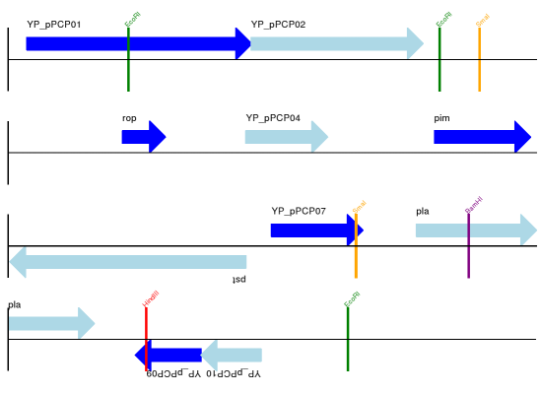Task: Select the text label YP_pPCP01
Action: pyautogui.click(x=54, y=24)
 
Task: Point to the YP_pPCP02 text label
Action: pyautogui.click(x=278, y=24)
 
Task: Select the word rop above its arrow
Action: pyautogui.click(x=129, y=118)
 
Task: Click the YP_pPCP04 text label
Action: pyautogui.click(x=273, y=118)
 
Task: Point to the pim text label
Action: pyautogui.click(x=441, y=118)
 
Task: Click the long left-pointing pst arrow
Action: pyautogui.click(x=128, y=262)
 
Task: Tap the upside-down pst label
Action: pyautogui.click(x=238, y=280)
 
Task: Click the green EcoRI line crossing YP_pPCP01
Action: pyautogui.click(x=128, y=74)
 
